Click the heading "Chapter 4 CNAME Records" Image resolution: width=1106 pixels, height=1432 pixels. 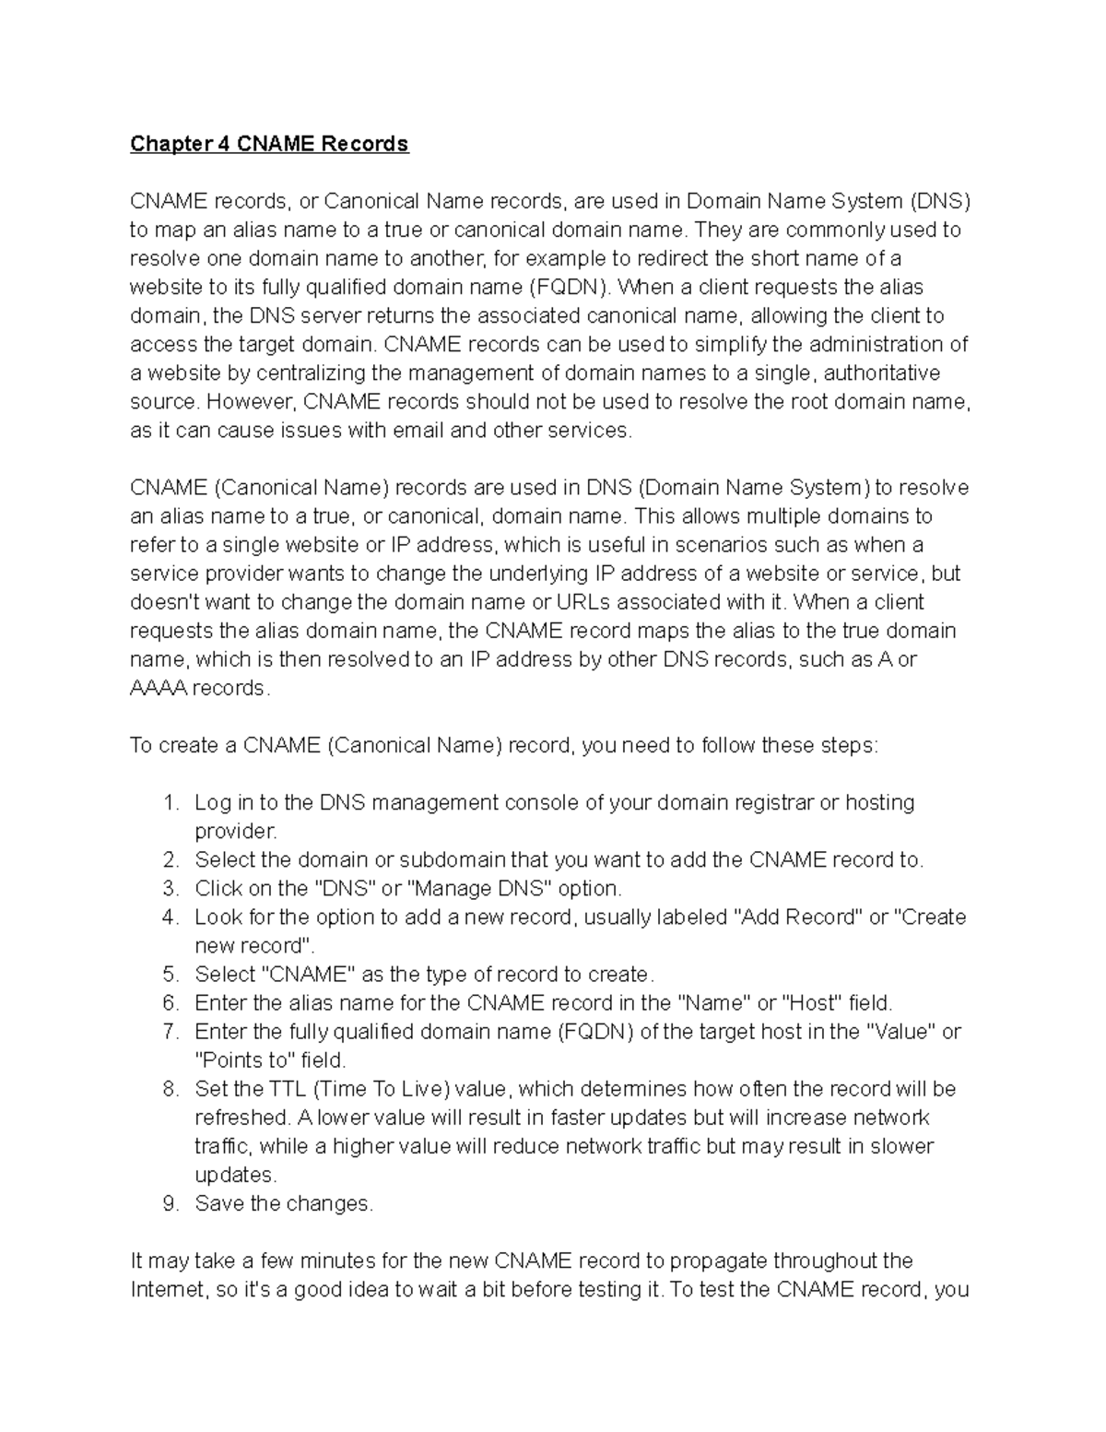pyautogui.click(x=268, y=144)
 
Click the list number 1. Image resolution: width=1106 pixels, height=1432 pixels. pyautogui.click(x=170, y=803)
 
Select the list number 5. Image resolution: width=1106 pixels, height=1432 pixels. pyautogui.click(x=170, y=975)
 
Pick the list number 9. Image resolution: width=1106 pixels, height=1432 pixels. pyautogui.click(x=170, y=1204)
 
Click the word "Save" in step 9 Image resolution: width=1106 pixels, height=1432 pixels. pyautogui.click(x=219, y=1204)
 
